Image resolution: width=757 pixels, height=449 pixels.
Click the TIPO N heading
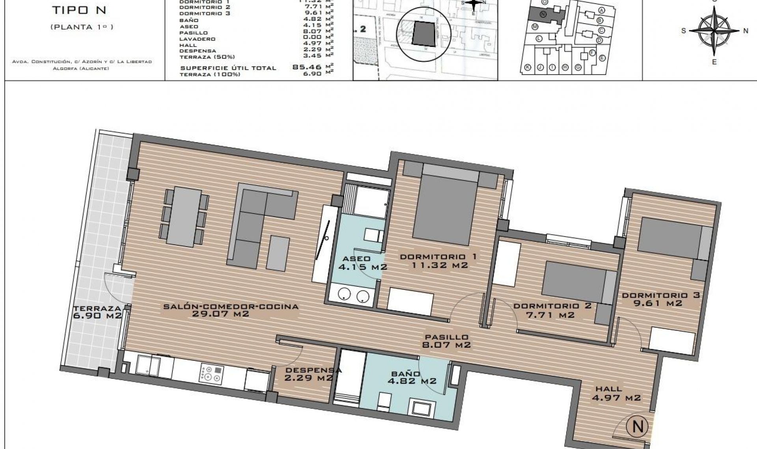point(79,11)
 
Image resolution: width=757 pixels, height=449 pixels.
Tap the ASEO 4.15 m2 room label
point(362,263)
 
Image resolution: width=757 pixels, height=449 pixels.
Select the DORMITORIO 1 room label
point(438,261)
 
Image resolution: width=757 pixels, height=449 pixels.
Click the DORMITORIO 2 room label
point(552,310)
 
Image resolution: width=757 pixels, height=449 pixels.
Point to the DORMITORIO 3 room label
point(660,299)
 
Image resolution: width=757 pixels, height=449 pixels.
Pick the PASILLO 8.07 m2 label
point(447,341)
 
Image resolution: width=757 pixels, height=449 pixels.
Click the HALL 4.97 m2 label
point(616,393)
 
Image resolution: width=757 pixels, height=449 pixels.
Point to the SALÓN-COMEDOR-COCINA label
point(231,310)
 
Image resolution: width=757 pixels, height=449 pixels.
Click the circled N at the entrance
point(638,426)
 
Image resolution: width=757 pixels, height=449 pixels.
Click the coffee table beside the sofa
point(278,252)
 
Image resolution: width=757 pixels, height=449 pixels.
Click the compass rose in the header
point(714,30)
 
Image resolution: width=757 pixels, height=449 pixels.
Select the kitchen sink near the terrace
point(148,365)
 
